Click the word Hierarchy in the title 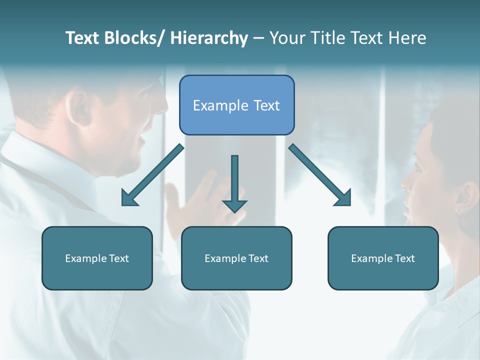click(x=208, y=38)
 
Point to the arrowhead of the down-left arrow click(x=129, y=198)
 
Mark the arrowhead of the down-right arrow click(x=344, y=198)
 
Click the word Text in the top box click(x=266, y=105)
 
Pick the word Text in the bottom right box click(x=405, y=258)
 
